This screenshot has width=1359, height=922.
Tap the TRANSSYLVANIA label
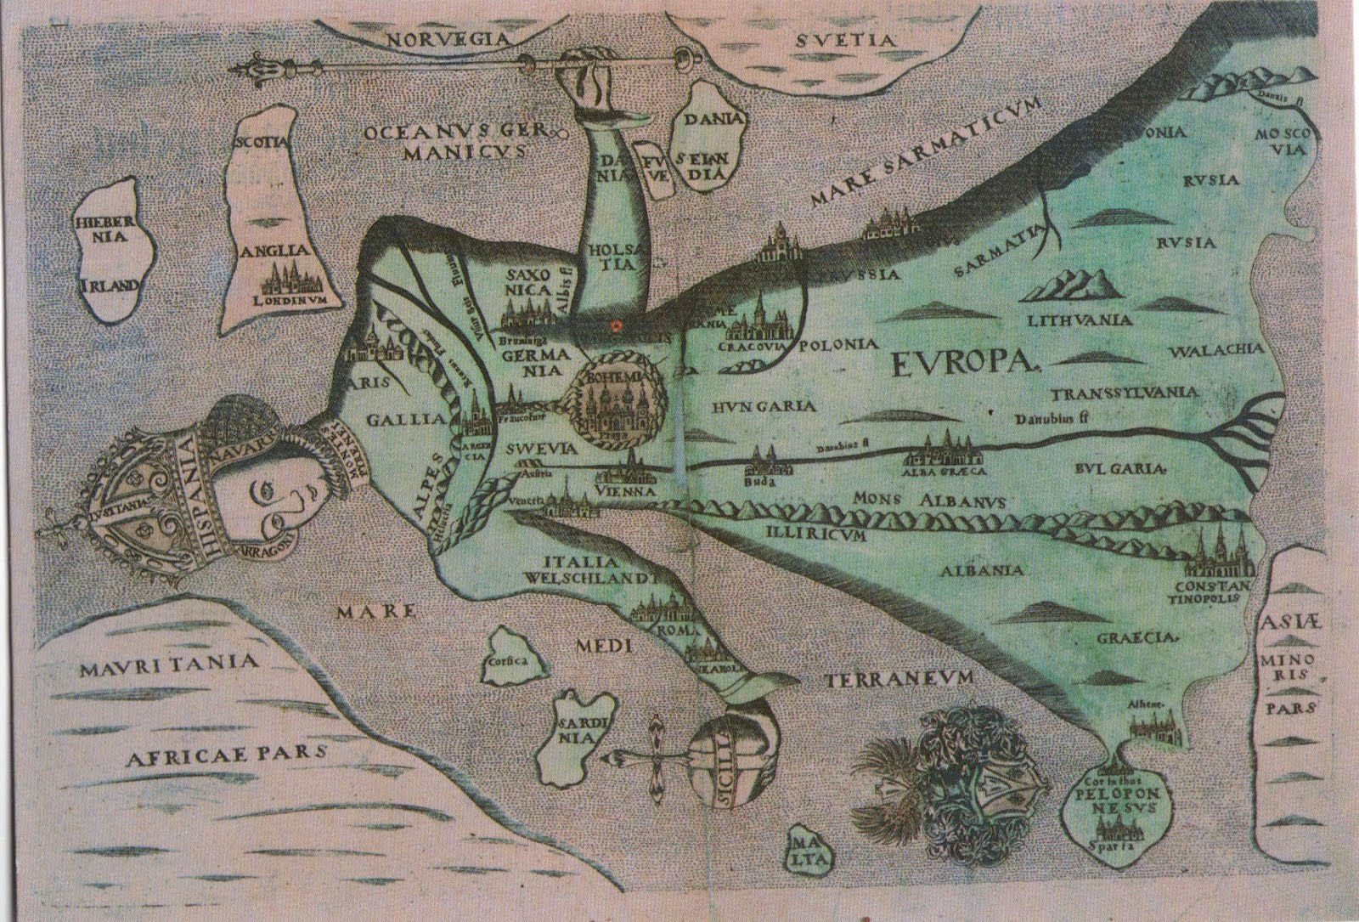click(1125, 394)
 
